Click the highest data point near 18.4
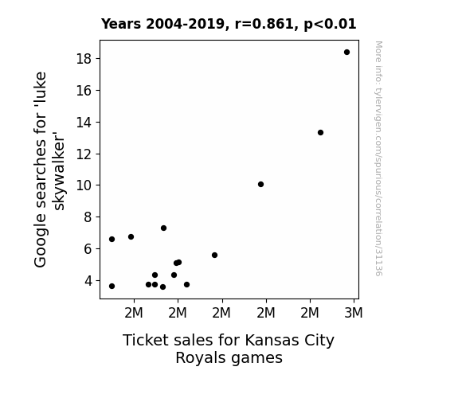click(346, 53)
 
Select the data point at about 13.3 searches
click(320, 133)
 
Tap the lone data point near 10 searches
click(260, 184)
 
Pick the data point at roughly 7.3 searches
click(163, 228)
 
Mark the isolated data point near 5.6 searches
click(215, 256)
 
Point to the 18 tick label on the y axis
click(84, 59)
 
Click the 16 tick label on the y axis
click(84, 91)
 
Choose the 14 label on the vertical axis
click(84, 122)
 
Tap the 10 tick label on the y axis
click(84, 185)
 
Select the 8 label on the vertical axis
click(88, 217)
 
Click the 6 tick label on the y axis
click(88, 249)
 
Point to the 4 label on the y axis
click(88, 281)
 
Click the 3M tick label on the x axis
click(354, 313)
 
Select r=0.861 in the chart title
click(264, 24)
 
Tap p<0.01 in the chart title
click(330, 25)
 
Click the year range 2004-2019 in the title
click(185, 24)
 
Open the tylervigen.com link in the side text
click(378, 159)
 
